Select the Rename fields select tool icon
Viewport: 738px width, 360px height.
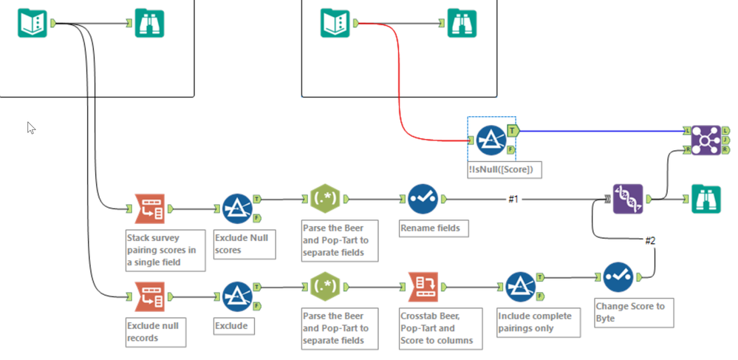coord(423,199)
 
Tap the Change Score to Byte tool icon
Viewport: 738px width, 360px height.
coord(618,277)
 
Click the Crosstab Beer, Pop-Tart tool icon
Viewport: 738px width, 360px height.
coord(423,285)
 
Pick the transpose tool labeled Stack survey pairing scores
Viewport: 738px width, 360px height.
coord(149,209)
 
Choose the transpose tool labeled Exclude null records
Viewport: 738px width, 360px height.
coord(149,296)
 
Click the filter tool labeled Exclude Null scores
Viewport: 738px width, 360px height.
coord(237,209)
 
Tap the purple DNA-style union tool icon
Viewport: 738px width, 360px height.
coord(627,199)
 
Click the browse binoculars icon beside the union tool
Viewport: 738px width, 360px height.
coord(705,199)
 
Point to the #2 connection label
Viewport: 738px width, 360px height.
coord(651,240)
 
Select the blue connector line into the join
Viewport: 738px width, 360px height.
coord(598,131)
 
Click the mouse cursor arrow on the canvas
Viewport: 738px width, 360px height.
coord(31,127)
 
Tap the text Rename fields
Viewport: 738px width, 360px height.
coord(430,228)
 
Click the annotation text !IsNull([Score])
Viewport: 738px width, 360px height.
coord(499,169)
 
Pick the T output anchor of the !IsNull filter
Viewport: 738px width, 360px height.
coord(513,130)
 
